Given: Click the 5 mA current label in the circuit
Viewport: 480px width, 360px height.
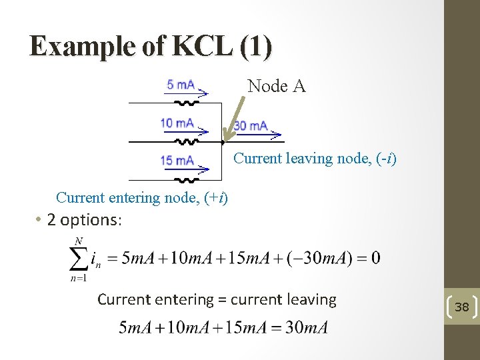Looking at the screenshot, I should [181, 85].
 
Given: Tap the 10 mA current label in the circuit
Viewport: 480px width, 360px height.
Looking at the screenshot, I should [177, 123].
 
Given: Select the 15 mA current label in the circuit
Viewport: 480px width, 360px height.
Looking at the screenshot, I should [177, 160].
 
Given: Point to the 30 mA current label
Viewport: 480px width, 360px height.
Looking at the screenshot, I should [251, 125].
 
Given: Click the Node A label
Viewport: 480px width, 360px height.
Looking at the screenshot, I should [277, 86].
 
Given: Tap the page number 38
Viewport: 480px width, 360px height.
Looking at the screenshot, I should [462, 307].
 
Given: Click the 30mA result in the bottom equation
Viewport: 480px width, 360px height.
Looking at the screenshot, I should [307, 327].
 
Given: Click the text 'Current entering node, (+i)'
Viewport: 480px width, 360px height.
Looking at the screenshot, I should [142, 197].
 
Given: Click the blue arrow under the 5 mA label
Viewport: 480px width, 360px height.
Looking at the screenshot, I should [186, 94].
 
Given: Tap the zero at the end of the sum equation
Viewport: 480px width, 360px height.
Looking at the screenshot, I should [376, 258].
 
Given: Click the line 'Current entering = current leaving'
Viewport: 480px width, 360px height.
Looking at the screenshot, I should [217, 299].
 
